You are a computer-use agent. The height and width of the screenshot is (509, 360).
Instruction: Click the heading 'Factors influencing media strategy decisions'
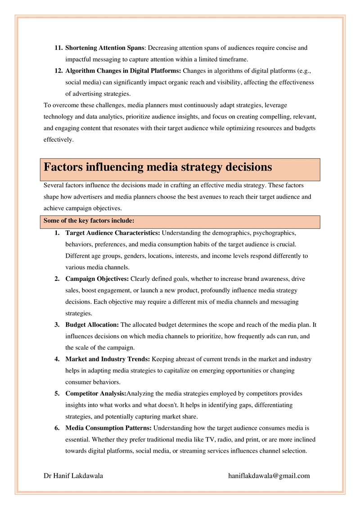(158, 167)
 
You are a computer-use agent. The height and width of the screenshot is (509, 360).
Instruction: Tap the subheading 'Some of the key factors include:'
(89, 221)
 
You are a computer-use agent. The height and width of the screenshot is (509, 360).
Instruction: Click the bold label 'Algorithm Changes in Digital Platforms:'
(123, 71)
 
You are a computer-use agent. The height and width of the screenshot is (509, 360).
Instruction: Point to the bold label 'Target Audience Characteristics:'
(112, 233)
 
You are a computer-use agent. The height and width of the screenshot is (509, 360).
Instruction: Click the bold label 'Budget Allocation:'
(92, 324)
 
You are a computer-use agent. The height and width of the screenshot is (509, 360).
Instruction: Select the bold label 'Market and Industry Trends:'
(108, 359)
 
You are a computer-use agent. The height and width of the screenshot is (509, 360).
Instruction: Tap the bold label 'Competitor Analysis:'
(96, 393)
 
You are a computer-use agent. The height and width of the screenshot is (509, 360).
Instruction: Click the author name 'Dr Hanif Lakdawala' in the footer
(73, 476)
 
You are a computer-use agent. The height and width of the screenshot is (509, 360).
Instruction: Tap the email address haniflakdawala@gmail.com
(269, 476)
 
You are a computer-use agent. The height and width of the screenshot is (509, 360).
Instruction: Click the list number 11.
(58, 48)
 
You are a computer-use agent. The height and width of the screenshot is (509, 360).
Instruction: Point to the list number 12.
(58, 71)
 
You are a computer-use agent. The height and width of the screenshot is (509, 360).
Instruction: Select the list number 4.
(57, 359)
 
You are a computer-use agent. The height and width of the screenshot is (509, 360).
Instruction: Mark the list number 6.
(57, 428)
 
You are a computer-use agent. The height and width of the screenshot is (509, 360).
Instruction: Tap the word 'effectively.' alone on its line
(58, 140)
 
